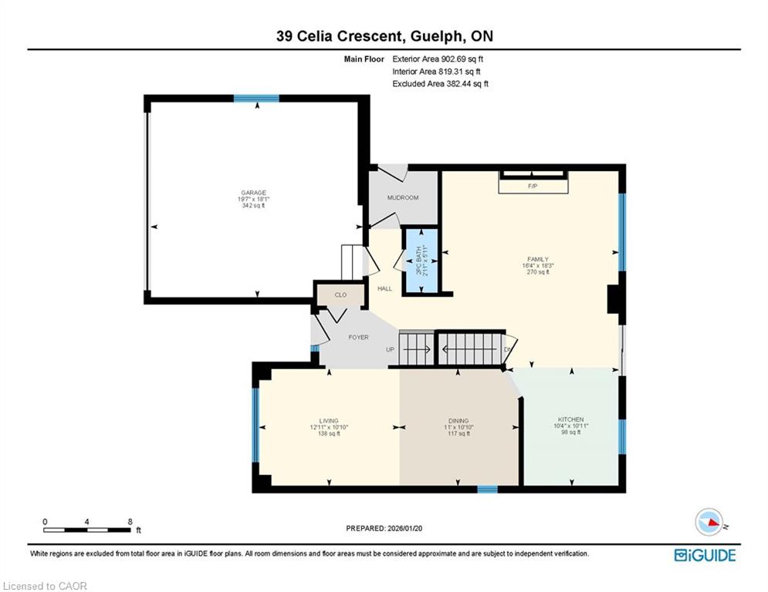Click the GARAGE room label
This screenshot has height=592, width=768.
point(253,193)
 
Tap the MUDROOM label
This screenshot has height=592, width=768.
point(403,197)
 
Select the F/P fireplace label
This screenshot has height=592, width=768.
point(533,187)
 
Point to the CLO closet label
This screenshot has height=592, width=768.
point(340,294)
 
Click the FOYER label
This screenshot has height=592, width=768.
point(359,337)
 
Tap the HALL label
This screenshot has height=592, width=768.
point(384,288)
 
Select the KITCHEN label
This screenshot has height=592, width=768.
point(570,419)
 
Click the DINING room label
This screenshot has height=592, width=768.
point(458,421)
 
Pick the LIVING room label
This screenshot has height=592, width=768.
point(329,421)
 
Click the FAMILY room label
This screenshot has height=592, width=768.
point(538,259)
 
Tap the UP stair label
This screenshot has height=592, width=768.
point(390,350)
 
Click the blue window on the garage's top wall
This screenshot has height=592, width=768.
point(256,99)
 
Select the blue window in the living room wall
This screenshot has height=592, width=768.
point(255,425)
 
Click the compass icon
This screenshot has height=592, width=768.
point(709,522)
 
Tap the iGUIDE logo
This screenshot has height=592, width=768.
point(705,555)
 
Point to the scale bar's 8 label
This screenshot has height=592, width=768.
point(130,522)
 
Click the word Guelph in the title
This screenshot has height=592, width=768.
point(436,36)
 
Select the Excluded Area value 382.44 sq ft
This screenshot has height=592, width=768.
point(467,84)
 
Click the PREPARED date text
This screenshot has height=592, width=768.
point(384,528)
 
